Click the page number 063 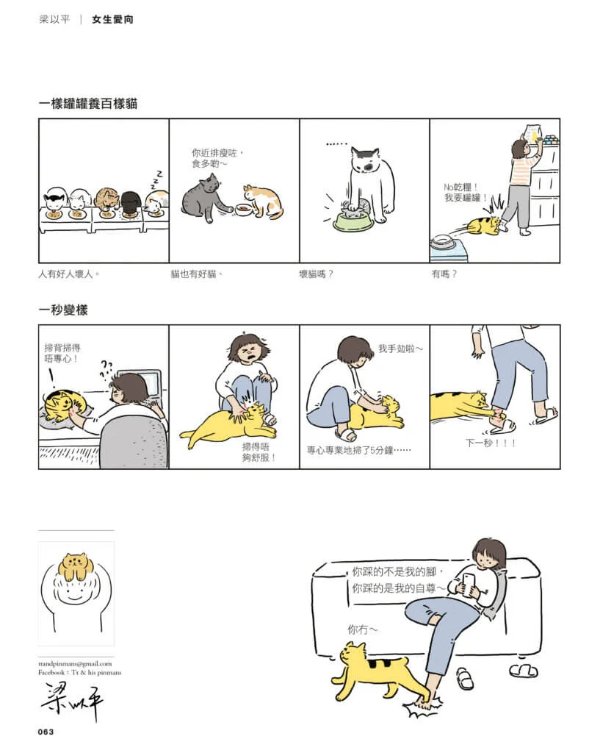(46, 732)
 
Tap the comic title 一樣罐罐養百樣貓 (88, 103)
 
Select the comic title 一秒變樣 (63, 310)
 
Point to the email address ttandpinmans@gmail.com (75, 664)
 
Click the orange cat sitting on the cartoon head (76, 565)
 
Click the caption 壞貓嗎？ (316, 274)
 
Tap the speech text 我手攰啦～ (400, 349)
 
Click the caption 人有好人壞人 (68, 274)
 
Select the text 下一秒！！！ (490, 442)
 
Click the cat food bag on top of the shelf (533, 132)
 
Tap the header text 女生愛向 (112, 19)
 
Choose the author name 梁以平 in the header (54, 19)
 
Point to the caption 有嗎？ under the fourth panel (444, 274)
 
